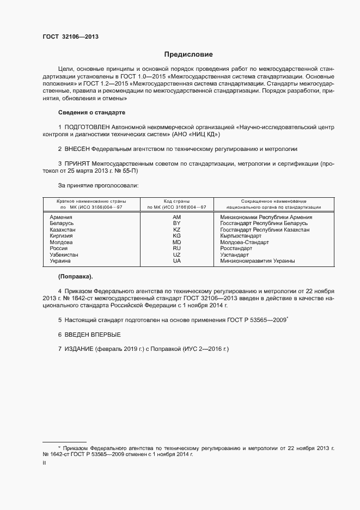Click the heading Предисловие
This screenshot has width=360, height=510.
(188, 54)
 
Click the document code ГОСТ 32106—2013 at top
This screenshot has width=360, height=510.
(70, 37)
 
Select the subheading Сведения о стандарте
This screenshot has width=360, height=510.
(91, 112)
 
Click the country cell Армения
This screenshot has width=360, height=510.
(61, 217)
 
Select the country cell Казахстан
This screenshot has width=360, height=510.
(63, 229)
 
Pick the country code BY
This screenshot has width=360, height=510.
(176, 223)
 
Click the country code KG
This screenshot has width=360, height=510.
(176, 236)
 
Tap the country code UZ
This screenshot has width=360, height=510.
(176, 254)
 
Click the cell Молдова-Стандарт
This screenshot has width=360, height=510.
(243, 242)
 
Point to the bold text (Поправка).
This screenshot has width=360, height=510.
(75, 276)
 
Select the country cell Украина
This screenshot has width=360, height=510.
(60, 261)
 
